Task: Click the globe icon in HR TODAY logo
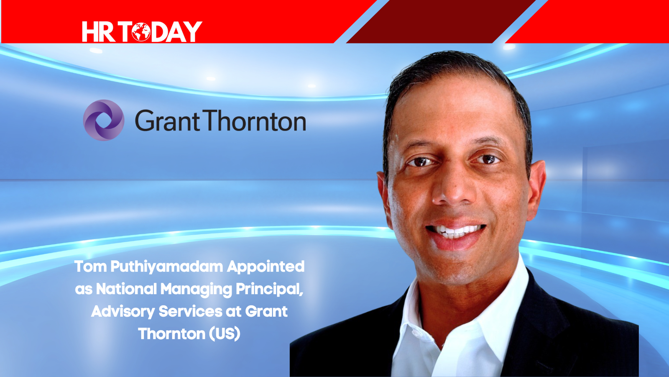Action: click(x=141, y=32)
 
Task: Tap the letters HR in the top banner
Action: click(x=98, y=32)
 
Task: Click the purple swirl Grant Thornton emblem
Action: click(x=104, y=120)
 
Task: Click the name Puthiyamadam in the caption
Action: click(x=167, y=267)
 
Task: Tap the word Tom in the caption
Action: click(x=90, y=266)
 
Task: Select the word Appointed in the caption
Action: click(x=266, y=267)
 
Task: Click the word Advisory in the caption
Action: click(x=123, y=312)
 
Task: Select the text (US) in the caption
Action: click(x=224, y=334)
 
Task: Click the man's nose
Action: click(x=450, y=191)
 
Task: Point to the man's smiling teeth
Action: click(x=455, y=231)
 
